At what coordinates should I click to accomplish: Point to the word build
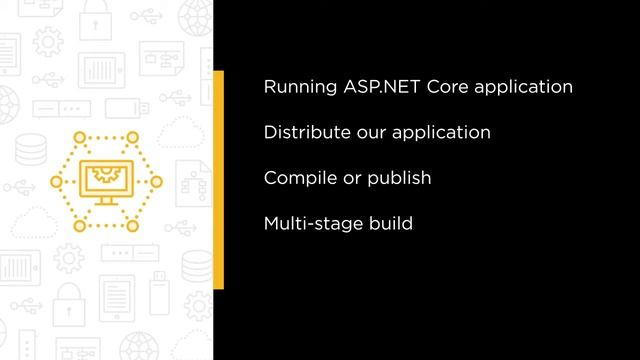[390, 224]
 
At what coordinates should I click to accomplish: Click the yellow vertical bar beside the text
[218, 180]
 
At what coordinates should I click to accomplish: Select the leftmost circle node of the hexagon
[57, 181]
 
